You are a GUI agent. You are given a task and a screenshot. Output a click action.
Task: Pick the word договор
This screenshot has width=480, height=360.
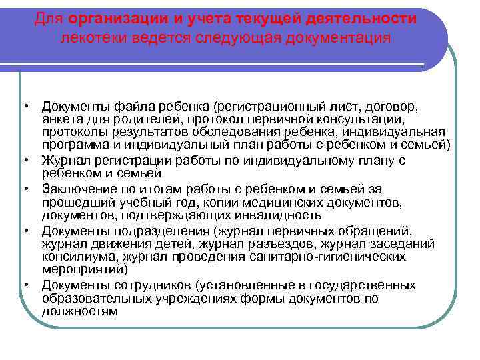(x=386, y=107)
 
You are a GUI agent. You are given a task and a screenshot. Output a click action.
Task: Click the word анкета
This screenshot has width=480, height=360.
(x=61, y=119)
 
